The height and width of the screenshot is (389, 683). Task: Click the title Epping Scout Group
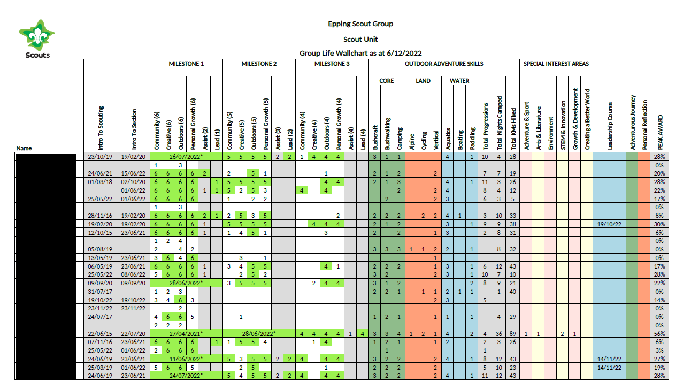[x=360, y=24]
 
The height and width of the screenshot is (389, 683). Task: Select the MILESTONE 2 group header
[x=259, y=64]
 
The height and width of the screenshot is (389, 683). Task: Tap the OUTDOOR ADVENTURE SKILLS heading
[x=443, y=64]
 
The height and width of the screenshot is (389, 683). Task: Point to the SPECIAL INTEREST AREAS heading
[x=556, y=64]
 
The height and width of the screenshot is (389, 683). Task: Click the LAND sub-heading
[x=423, y=81]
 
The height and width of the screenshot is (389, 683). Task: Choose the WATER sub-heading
[x=459, y=81]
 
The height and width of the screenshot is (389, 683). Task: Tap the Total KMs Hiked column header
[x=513, y=127]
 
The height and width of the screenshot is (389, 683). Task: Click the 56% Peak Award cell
[x=658, y=333]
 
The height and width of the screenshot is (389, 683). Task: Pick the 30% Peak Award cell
[x=658, y=224]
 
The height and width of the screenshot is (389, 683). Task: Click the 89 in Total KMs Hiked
[x=512, y=333]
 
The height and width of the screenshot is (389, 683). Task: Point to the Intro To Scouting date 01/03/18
[x=100, y=182]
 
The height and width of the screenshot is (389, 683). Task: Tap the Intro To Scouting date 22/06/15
[x=100, y=333]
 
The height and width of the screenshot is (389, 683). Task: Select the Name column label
[x=24, y=148]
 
